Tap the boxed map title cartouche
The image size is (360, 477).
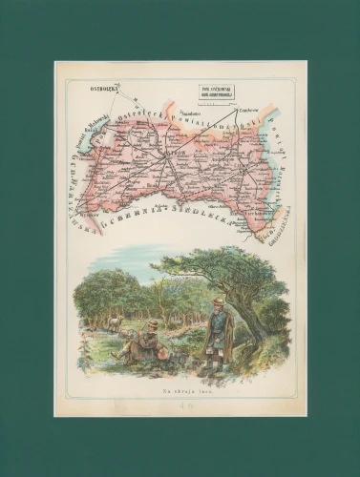[x=218, y=93]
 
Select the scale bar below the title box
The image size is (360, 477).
[x=218, y=104]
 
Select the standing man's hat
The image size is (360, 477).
[x=218, y=301]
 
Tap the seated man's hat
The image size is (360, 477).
[x=152, y=324]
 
